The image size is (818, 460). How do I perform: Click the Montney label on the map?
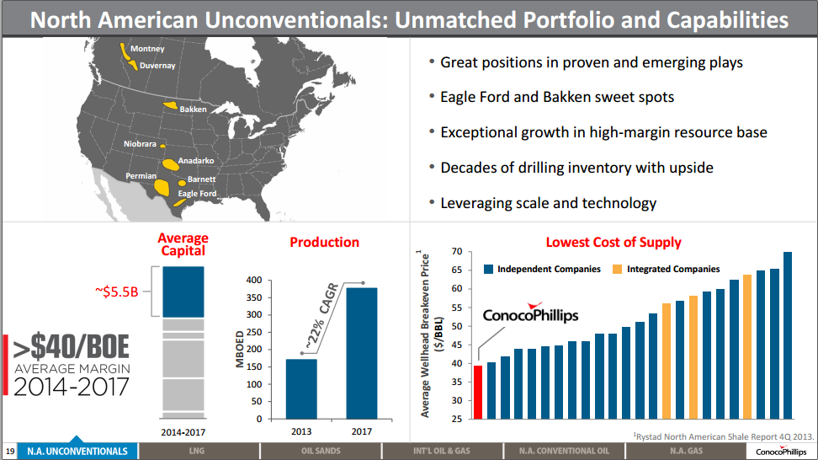point(147,49)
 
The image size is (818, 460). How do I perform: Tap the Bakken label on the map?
point(193,110)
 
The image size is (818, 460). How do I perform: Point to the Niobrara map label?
point(140,144)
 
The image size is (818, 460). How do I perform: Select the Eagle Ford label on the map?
point(197,194)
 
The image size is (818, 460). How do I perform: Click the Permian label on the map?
point(141,176)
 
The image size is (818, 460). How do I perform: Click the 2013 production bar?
point(301,388)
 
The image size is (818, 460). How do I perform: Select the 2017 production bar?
point(363,353)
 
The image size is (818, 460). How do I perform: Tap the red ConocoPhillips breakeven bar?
point(478,392)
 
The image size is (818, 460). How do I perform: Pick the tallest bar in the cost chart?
point(788,334)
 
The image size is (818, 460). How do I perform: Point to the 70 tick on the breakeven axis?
point(456,252)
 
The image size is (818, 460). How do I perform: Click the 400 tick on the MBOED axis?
point(254,280)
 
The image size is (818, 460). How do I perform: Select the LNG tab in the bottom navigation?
point(198,452)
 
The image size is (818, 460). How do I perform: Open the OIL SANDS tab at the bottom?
point(321,452)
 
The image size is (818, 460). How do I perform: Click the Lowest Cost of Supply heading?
point(613,243)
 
